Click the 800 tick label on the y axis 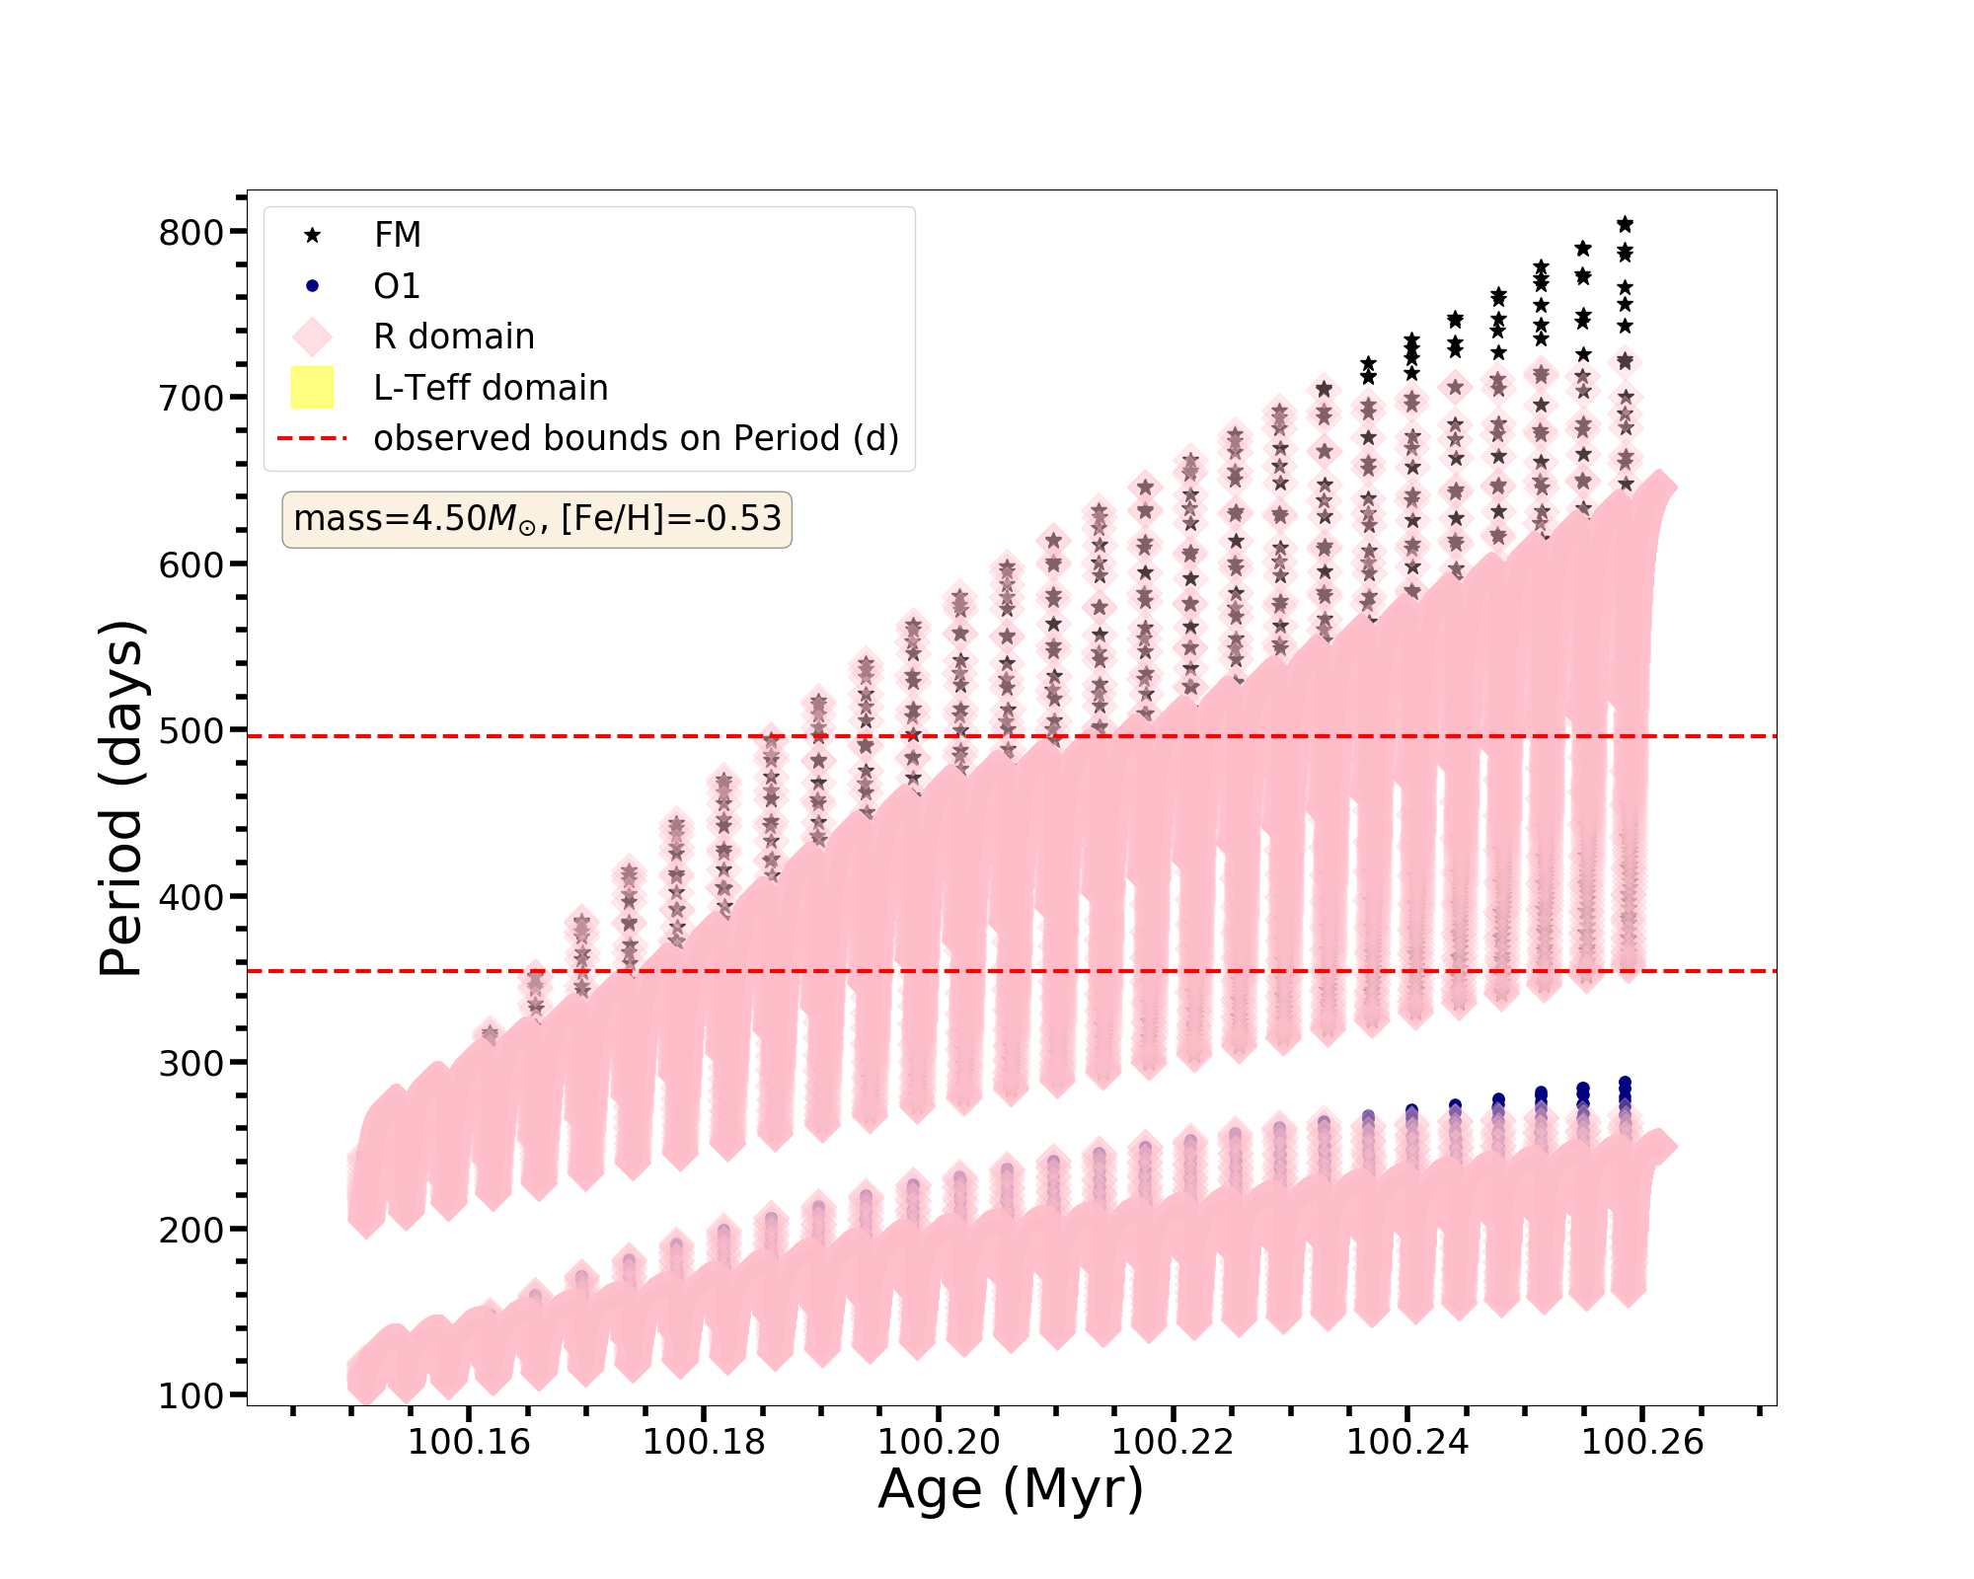[190, 233]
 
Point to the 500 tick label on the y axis [190, 731]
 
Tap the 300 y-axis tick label [190, 1064]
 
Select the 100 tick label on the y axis [190, 1396]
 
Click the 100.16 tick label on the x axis [469, 1443]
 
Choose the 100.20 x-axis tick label [939, 1443]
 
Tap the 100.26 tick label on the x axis [1642, 1443]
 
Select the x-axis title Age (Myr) [1011, 1489]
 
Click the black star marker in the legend [312, 235]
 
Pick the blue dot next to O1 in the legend [312, 286]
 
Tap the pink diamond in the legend [312, 337]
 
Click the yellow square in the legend [312, 388]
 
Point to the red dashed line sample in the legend [312, 438]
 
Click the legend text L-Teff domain [491, 388]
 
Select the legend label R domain [454, 337]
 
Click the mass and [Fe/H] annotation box [537, 519]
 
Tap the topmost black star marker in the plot [1625, 224]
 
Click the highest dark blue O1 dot [1625, 1083]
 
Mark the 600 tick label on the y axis [190, 565]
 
